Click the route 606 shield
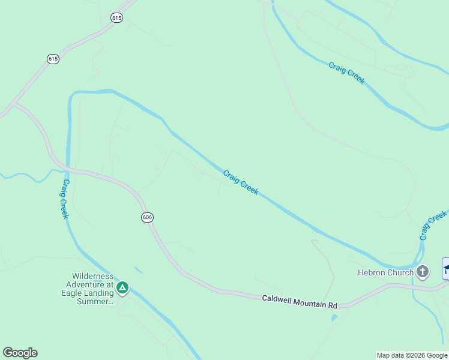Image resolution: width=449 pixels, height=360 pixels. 147,217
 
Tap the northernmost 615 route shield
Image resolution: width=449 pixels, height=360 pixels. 116,18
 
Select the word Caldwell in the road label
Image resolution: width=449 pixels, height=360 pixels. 277,299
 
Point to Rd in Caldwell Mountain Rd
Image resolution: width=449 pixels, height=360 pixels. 333,306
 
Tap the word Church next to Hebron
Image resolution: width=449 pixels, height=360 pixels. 400,272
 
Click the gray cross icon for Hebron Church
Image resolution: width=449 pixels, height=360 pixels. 423,272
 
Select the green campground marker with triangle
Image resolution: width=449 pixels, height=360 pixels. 122,288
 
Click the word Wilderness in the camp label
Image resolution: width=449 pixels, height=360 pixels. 89,277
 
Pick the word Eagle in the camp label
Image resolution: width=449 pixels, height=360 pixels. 73,293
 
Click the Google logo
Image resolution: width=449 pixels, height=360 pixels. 20,353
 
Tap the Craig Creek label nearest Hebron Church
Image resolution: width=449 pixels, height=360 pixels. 433,224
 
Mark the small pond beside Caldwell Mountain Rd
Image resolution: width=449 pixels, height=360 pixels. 333,317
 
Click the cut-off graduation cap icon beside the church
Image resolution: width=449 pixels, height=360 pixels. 445,268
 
